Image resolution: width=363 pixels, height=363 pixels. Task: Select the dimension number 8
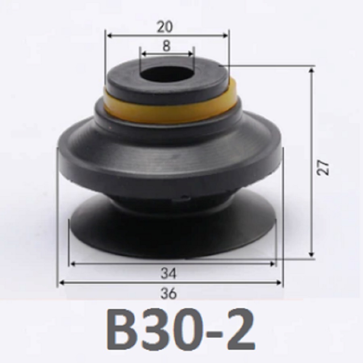pos(167,46)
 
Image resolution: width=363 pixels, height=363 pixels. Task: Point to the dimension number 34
pos(169,274)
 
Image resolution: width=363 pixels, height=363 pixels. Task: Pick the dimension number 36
pos(169,293)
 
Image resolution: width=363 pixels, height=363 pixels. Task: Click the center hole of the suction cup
pos(167,74)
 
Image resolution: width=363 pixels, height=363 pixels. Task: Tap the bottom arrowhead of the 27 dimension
pos(311,254)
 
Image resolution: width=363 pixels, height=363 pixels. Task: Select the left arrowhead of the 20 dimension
pos(108,35)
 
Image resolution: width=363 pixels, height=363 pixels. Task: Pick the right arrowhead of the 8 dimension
pos(191,54)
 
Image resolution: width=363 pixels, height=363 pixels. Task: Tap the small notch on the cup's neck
pos(185,198)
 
